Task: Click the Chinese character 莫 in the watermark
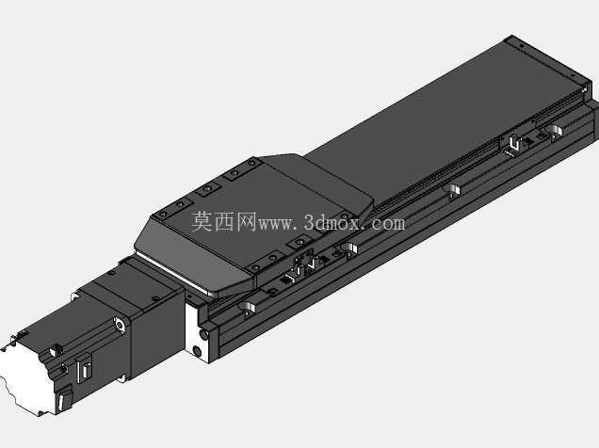(x=202, y=222)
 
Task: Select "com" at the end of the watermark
(x=388, y=224)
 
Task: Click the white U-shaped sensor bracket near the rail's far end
(x=513, y=147)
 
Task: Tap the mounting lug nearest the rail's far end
(x=555, y=132)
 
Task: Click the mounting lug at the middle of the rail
(x=452, y=190)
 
